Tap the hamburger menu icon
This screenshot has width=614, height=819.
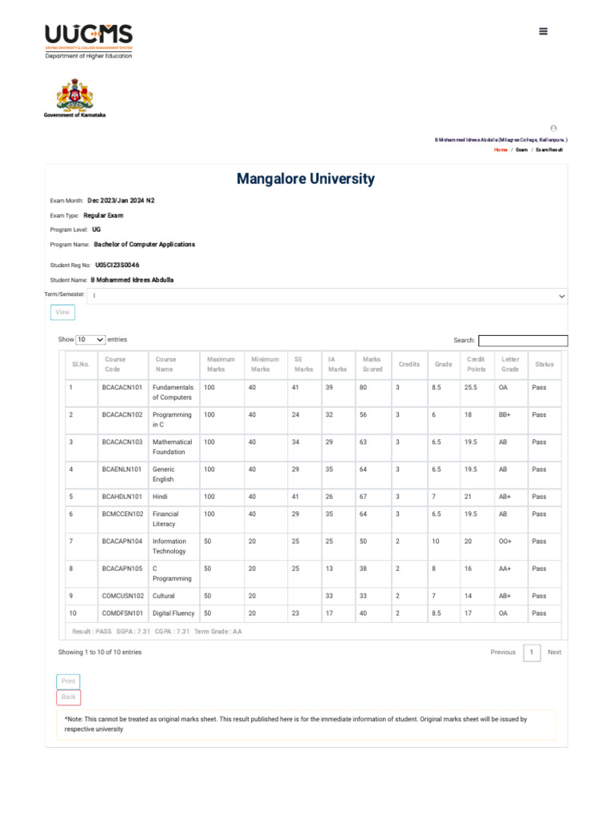tap(544, 31)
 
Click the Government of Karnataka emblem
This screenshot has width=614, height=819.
tap(74, 95)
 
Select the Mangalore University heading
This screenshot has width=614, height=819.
tap(305, 179)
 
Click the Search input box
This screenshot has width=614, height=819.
tap(523, 341)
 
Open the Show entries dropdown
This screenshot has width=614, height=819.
tap(90, 340)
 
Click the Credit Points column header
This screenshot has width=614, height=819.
tap(476, 364)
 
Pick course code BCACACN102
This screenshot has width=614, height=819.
tap(122, 415)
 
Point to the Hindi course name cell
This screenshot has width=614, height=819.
tap(164, 497)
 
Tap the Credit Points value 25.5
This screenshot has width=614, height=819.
tap(472, 388)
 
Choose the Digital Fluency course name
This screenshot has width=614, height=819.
tap(173, 613)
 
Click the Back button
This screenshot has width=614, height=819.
tap(69, 697)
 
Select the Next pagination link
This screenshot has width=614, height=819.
tap(554, 653)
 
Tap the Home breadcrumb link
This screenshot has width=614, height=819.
tap(500, 150)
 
